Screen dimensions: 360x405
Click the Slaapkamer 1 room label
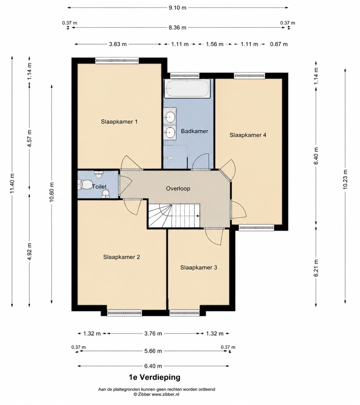(119, 122)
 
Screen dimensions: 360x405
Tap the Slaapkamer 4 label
(248, 135)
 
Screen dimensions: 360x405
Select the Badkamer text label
(195, 131)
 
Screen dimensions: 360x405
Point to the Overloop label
(178, 188)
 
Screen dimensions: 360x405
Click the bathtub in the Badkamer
(187, 89)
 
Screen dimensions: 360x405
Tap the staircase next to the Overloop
(174, 216)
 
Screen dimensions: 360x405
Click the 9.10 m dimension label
(177, 8)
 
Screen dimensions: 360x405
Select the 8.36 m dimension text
(177, 28)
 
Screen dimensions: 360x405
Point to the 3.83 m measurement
(118, 44)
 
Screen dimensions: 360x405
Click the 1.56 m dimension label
(215, 44)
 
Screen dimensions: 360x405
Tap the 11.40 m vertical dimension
(12, 183)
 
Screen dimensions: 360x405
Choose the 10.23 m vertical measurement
(345, 179)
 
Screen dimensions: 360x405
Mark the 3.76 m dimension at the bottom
(153, 333)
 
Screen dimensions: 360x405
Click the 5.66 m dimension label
(153, 351)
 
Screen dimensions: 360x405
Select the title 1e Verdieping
(155, 377)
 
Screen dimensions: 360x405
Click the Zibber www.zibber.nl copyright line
(157, 394)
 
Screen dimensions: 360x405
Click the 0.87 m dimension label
(279, 44)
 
